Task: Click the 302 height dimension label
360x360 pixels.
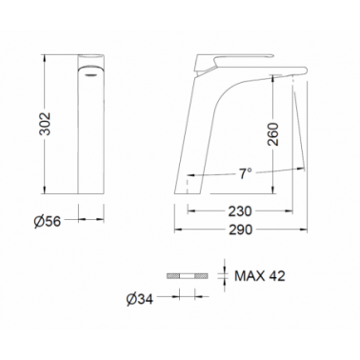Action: pyautogui.click(x=45, y=123)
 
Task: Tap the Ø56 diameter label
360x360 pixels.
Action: pyautogui.click(x=48, y=221)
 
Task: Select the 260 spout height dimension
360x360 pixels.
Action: pyautogui.click(x=272, y=134)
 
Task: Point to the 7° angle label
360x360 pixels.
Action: pyautogui.click(x=245, y=173)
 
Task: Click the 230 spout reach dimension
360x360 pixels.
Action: pyautogui.click(x=240, y=211)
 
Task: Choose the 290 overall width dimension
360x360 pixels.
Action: pyautogui.click(x=240, y=230)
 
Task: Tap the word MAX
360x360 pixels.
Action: pyautogui.click(x=250, y=276)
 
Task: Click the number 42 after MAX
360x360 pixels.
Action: pyautogui.click(x=277, y=276)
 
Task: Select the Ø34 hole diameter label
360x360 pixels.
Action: pyautogui.click(x=140, y=299)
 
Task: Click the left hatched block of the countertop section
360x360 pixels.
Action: pyautogui.click(x=173, y=276)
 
